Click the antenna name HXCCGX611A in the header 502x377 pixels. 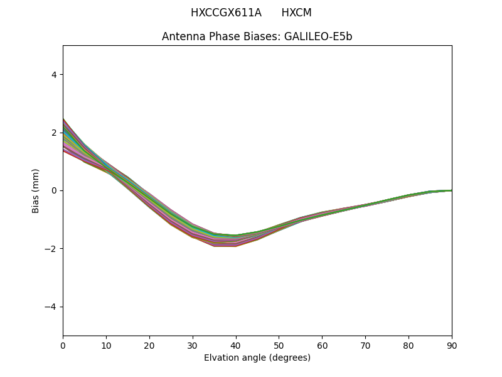tap(226, 13)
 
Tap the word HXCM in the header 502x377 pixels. tap(296, 13)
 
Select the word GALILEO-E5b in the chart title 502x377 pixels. tap(318, 36)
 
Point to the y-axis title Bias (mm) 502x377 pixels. tap(36, 190)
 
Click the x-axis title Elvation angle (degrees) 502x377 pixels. tap(257, 358)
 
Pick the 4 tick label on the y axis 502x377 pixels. tap(53, 75)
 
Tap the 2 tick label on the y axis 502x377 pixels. tap(53, 133)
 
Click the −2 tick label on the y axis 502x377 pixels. tap(51, 249)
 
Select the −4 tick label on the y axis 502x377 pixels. tap(51, 307)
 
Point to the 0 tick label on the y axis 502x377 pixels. tap(53, 190)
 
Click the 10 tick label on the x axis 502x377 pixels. tap(106, 345)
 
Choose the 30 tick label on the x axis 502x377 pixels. tap(193, 345)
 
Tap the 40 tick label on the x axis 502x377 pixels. tap(236, 345)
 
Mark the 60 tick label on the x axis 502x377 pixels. tap(322, 345)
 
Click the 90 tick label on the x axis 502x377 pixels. tap(451, 345)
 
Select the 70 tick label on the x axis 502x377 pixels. tap(365, 345)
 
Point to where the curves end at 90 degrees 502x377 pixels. tap(451, 190)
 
